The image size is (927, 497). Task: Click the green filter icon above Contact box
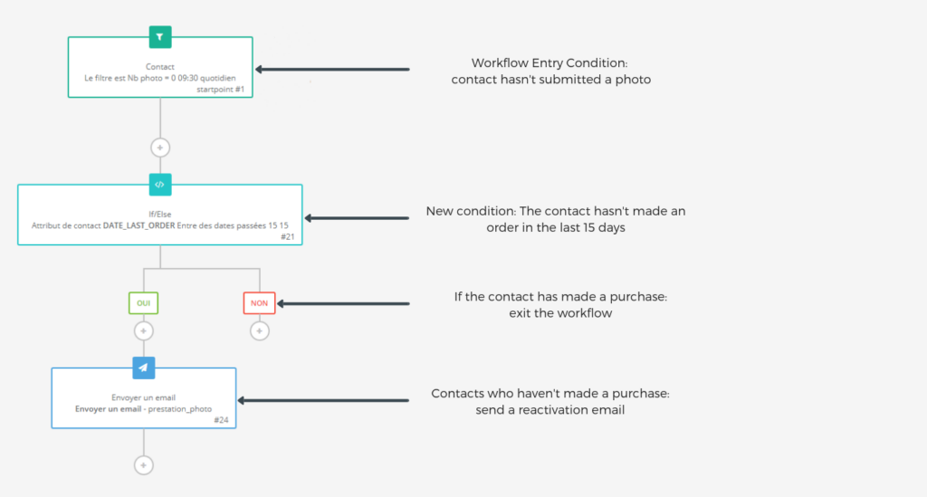coord(160,37)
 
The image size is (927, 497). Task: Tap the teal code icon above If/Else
coord(159,185)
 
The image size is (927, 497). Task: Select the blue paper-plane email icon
coord(143,368)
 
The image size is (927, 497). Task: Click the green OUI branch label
coord(143,303)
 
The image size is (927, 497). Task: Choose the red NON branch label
coord(259,303)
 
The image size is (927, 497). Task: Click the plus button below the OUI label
coord(143,331)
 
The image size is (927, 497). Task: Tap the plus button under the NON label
coord(259,331)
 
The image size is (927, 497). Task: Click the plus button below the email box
coord(143,464)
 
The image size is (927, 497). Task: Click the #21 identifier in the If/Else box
coord(287,236)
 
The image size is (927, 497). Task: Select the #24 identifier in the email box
coord(222,420)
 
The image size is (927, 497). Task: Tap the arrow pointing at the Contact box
coord(332,69)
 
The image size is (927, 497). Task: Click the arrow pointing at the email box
coord(323,400)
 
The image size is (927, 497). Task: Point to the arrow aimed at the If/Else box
coord(357,217)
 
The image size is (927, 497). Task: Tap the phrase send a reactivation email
coord(550,410)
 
